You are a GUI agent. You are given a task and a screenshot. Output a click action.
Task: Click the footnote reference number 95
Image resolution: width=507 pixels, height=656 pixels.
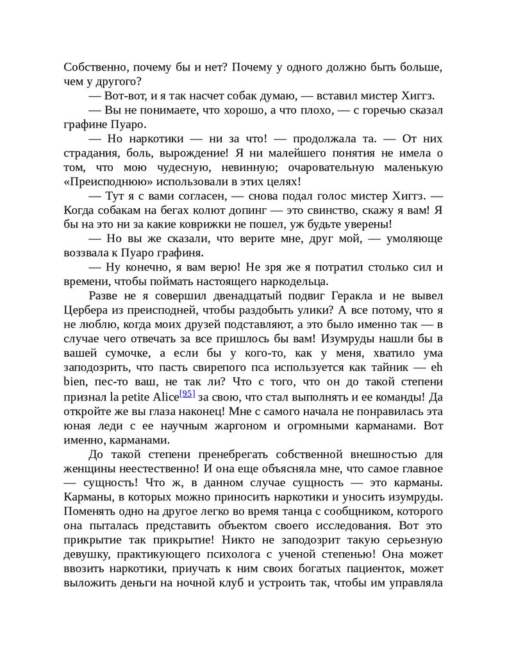point(187,393)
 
